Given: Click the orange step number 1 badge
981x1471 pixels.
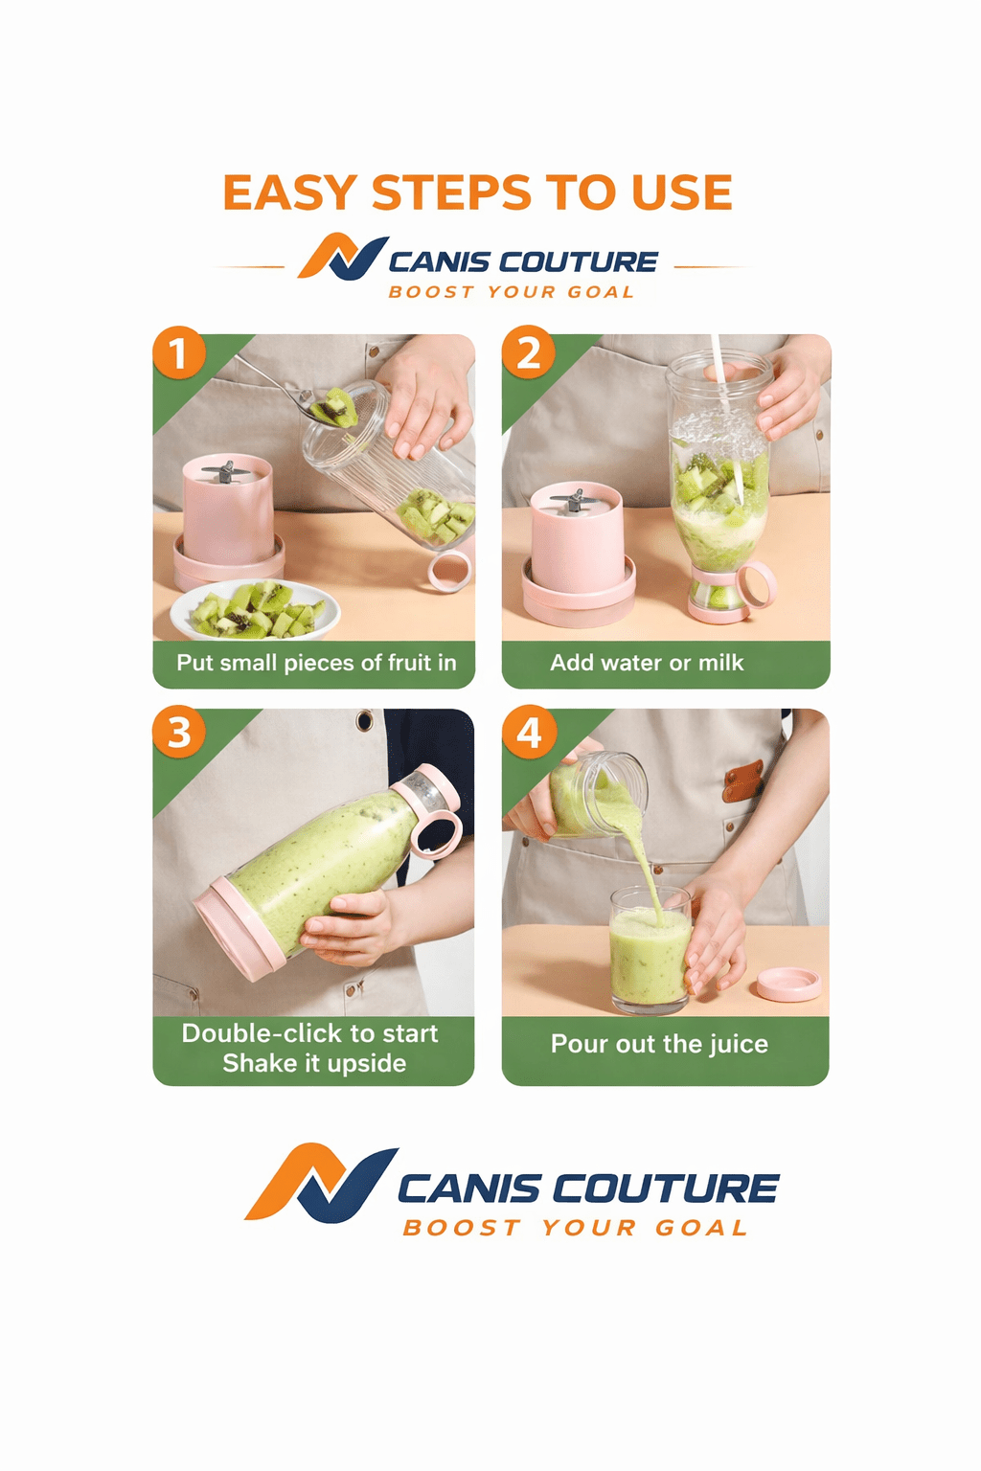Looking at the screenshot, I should coord(179,352).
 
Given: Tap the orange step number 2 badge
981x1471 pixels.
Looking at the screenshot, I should coord(528,352).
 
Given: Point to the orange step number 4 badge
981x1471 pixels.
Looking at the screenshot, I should coord(529,733).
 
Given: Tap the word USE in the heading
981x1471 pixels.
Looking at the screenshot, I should coord(681,193).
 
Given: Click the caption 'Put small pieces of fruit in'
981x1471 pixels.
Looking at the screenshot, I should coord(316,663).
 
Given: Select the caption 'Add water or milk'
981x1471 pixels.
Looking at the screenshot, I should coord(647,663).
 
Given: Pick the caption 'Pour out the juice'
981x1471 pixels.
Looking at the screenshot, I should coord(659,1044).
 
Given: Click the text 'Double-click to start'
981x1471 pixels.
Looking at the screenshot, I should coord(309,1033).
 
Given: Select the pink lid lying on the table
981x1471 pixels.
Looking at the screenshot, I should coord(788,984).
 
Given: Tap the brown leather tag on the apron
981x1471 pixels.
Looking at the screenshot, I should coord(743,781).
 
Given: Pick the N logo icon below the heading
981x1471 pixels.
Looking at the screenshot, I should coord(342,258).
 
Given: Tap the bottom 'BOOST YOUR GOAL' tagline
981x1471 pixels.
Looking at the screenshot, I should coord(575,1228).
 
